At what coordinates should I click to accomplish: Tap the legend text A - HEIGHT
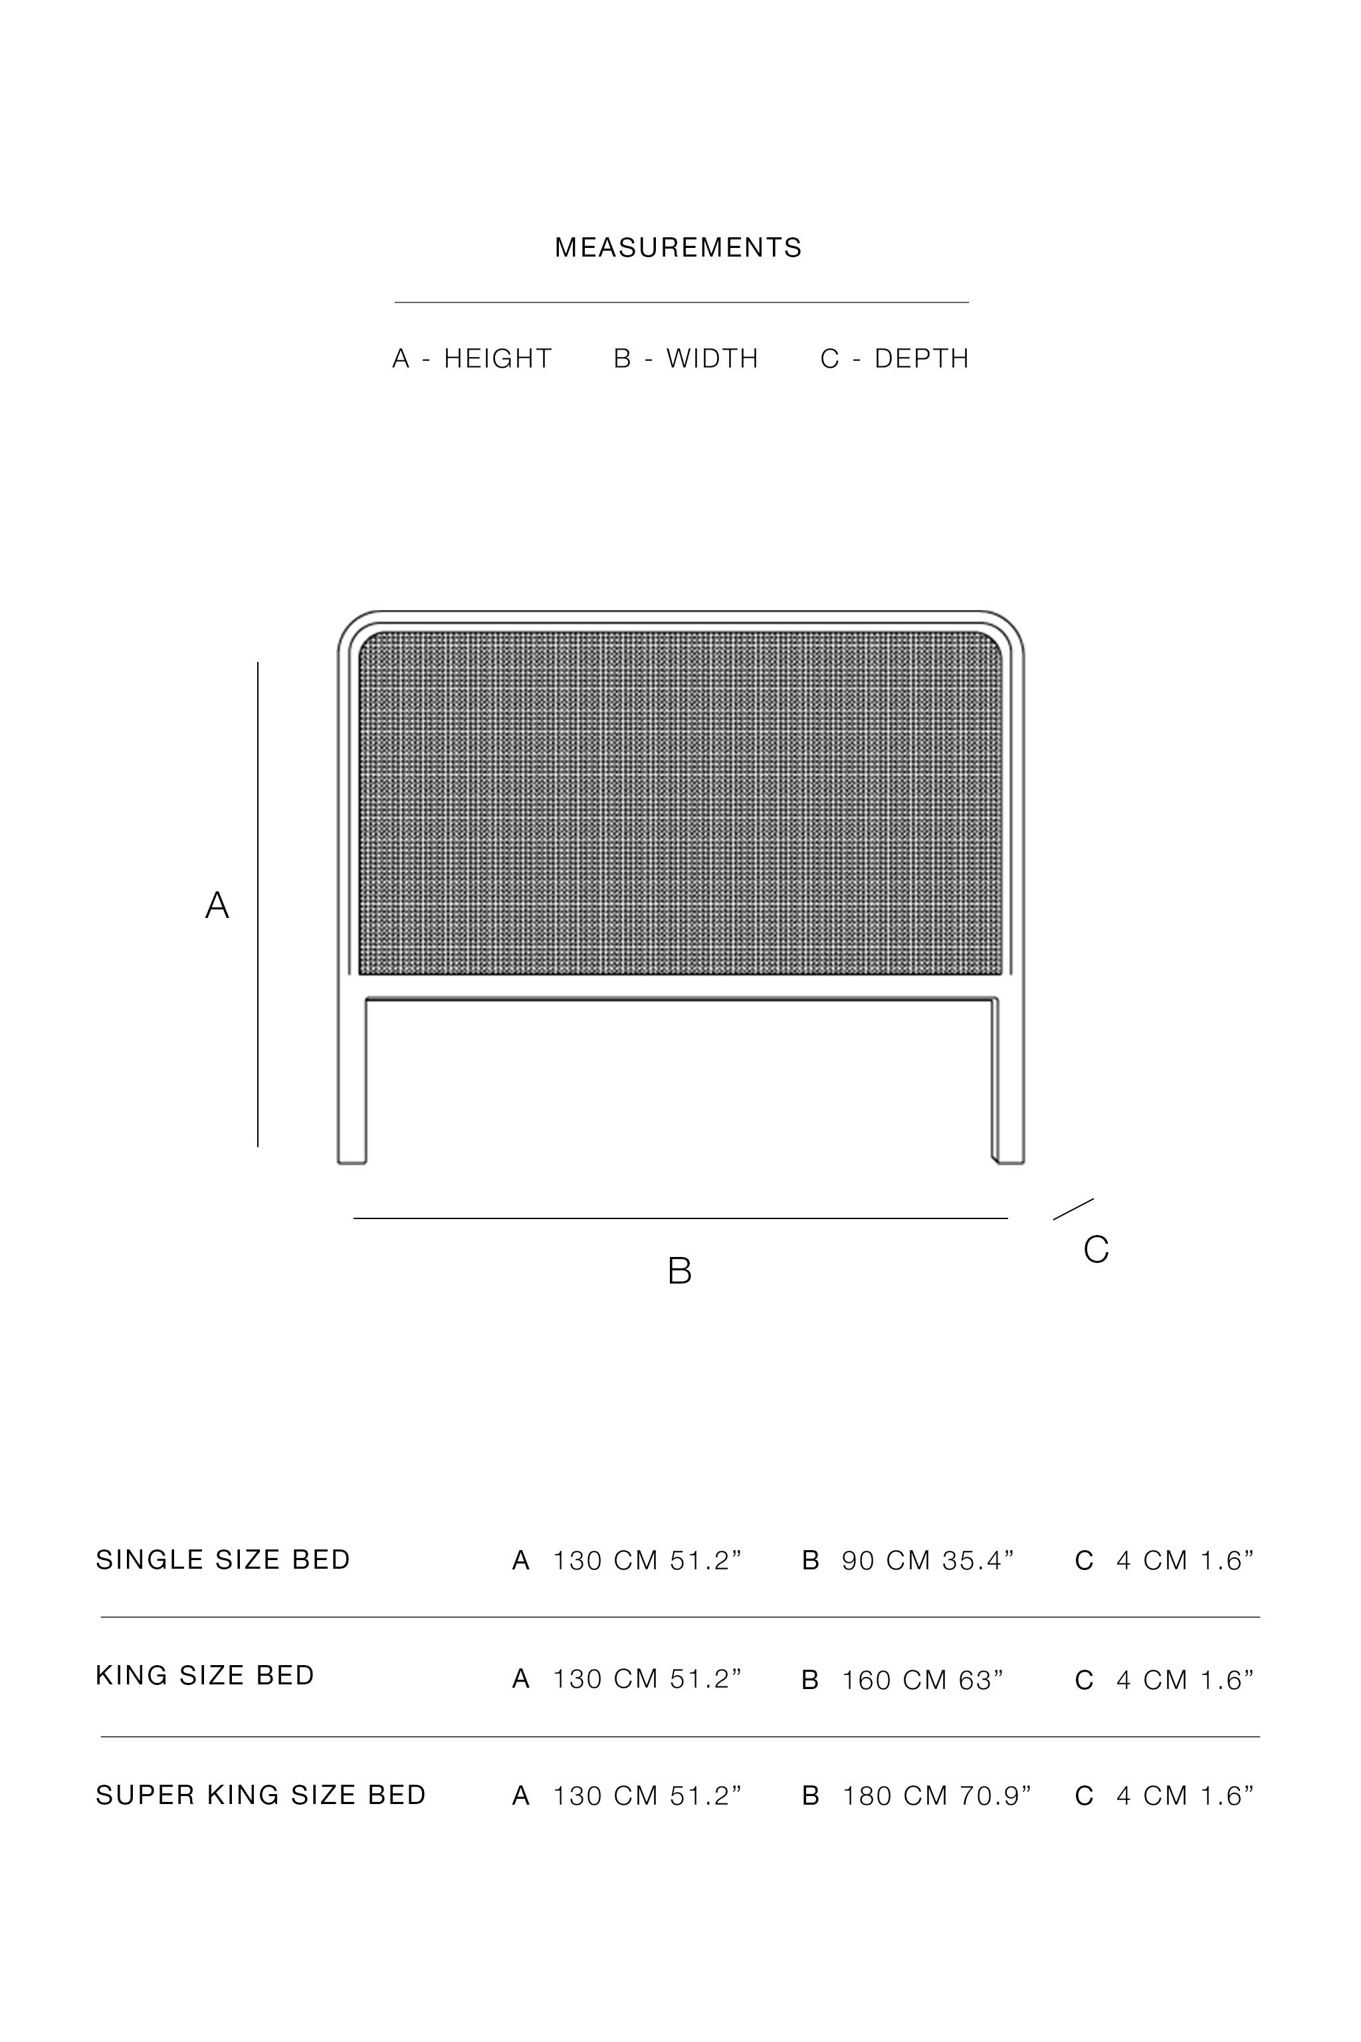[472, 358]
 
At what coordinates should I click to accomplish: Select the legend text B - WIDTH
[686, 358]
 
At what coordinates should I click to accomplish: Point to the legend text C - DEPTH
[894, 358]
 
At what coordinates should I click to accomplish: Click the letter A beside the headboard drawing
[217, 905]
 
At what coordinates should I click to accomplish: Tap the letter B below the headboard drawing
[680, 1271]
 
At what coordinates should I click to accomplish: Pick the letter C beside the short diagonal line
[1097, 1250]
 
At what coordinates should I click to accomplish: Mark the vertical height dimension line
[258, 903]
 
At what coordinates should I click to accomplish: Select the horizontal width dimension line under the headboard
[680, 1218]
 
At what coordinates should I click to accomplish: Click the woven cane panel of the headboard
[680, 803]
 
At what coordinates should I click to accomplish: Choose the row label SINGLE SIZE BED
[223, 1560]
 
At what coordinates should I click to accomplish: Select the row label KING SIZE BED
[205, 1676]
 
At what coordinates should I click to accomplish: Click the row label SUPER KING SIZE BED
[261, 1795]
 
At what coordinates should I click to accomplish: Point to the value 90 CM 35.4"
[927, 1561]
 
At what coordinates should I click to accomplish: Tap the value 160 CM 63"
[922, 1680]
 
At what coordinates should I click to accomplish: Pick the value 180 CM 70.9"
[936, 1795]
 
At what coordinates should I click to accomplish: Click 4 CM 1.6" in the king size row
[1185, 1680]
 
